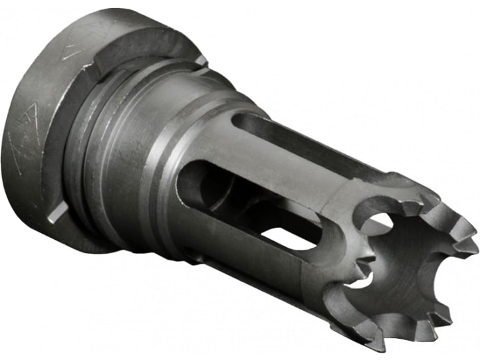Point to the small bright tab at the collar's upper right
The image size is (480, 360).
201,60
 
